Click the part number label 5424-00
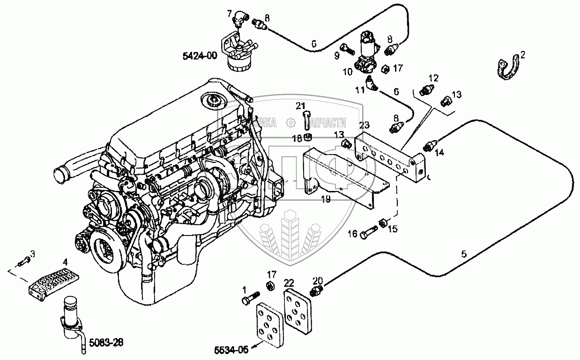point(200,57)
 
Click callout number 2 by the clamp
point(523,54)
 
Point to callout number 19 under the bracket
point(326,199)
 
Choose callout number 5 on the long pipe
point(463,254)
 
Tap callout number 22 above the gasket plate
point(289,282)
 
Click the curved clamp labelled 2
point(508,68)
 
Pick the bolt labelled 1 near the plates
point(250,298)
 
